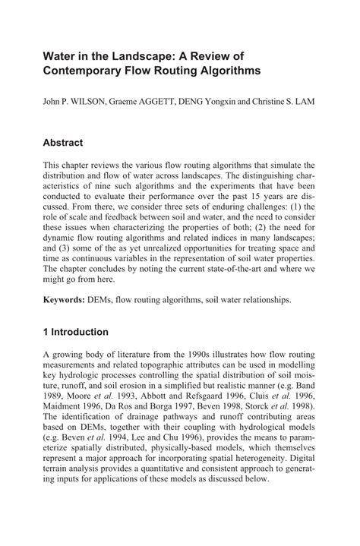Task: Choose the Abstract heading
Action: [73, 143]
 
